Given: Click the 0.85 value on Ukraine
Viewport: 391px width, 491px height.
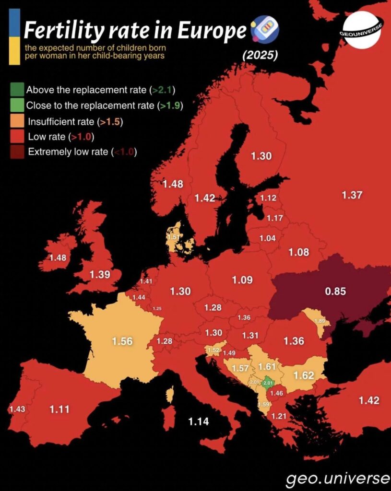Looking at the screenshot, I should click(x=335, y=291).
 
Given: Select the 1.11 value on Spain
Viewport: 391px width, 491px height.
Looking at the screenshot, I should click(x=59, y=409).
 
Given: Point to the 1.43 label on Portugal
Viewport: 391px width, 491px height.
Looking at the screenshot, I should click(x=16, y=409).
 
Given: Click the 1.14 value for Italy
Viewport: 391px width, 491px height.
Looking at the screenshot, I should click(x=198, y=421).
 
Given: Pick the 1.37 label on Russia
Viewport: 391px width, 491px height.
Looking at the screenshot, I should click(x=352, y=195).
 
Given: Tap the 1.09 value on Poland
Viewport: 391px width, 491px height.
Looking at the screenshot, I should click(x=242, y=280).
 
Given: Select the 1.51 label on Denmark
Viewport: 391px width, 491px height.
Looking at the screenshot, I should click(x=174, y=237).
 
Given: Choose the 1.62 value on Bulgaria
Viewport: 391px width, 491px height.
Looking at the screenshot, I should click(x=303, y=374).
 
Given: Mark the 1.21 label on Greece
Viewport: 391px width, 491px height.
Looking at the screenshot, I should click(x=278, y=416).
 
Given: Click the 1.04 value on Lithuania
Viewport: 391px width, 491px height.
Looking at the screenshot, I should click(x=267, y=238).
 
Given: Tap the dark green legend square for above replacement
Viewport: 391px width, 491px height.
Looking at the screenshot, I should click(x=16, y=89).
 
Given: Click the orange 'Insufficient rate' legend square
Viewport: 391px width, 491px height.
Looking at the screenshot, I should click(x=16, y=121).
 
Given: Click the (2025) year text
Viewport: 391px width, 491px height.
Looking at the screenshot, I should click(x=260, y=55).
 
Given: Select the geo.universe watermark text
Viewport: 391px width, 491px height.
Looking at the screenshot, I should click(x=338, y=478).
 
